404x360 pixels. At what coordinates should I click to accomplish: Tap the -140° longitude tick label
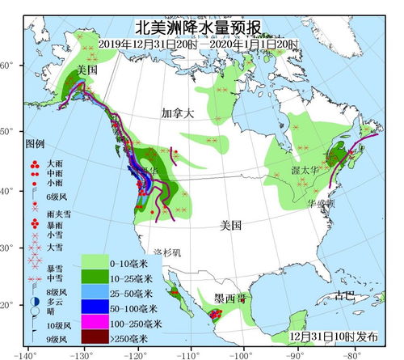point(26,354)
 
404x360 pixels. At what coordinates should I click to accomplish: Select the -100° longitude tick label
point(242,354)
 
